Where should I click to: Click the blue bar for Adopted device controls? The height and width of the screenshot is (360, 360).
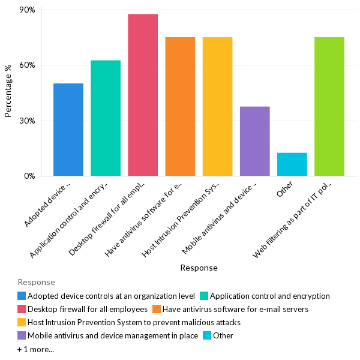(68, 130)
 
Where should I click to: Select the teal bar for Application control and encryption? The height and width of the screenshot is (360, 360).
(106, 118)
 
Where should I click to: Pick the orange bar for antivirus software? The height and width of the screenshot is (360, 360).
(180, 107)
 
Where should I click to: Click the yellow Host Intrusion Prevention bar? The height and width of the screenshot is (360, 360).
(217, 107)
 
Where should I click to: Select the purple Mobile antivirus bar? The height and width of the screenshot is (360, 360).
(254, 141)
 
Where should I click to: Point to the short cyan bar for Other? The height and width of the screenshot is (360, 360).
(292, 164)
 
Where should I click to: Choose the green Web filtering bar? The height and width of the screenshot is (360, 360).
(329, 107)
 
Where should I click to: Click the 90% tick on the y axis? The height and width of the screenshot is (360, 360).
(28, 10)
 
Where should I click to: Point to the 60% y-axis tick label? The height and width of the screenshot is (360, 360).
(28, 65)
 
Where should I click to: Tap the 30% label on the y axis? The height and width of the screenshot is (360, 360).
(28, 121)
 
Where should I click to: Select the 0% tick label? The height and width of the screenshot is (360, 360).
(30, 176)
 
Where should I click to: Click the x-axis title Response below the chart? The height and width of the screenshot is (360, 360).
(199, 268)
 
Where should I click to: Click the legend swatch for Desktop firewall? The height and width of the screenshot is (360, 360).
(22, 309)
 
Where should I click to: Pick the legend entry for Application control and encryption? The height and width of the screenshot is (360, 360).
(269, 296)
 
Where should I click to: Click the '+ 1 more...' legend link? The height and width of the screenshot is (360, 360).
(35, 349)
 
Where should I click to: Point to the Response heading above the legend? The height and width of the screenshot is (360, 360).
(36, 282)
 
